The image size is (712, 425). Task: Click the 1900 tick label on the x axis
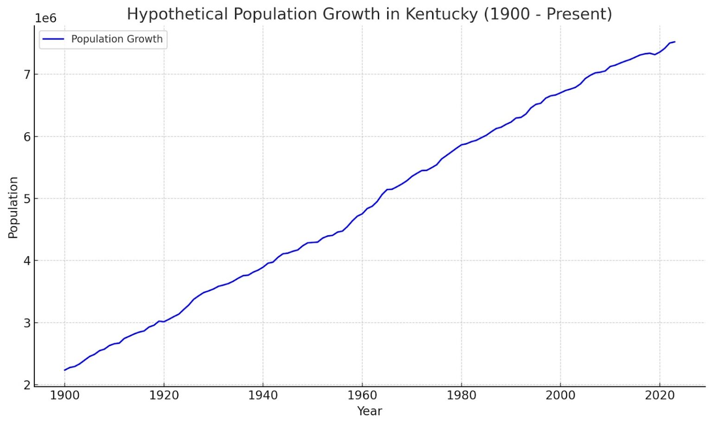coord(64,396)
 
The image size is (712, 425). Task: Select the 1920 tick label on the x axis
coord(164,396)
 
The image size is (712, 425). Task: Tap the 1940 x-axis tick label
coord(263,396)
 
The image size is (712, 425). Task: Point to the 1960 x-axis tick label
coord(362,396)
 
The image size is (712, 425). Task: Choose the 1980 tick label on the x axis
coord(461,396)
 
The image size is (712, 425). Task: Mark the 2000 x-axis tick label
coord(560,396)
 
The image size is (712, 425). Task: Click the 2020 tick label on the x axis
coord(660,396)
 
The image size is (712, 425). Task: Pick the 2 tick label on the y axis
coord(27,385)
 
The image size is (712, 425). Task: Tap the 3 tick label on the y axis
coord(27,323)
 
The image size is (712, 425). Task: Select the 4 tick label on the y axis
coord(27,261)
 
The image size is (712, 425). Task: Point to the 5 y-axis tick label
coord(27,199)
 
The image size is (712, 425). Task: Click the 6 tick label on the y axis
coord(27,136)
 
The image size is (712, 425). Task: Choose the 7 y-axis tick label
coord(27,74)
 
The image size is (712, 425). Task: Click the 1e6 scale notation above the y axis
coord(45,18)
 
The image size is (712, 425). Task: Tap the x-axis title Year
coord(369,411)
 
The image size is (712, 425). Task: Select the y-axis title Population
coord(13,207)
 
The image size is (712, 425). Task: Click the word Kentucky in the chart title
coord(441,14)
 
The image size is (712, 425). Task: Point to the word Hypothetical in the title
coord(178,14)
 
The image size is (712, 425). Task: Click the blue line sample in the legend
coord(53,39)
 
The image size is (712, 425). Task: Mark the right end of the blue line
coord(674,42)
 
